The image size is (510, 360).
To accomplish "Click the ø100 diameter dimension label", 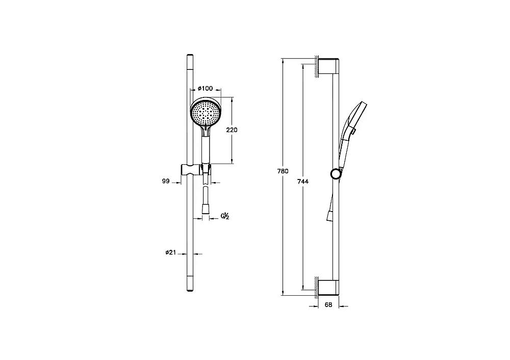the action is (205, 88).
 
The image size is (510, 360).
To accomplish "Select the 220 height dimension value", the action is (232, 130).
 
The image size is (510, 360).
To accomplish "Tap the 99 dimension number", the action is (166, 181).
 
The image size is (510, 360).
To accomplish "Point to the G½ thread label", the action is (225, 216).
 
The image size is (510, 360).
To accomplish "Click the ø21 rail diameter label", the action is (170, 252).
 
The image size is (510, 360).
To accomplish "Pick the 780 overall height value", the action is (283, 171).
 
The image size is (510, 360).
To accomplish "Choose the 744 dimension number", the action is (303, 182).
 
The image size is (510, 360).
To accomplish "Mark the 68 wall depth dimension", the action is (328, 305).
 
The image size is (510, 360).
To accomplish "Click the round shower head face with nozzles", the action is (206, 113).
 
